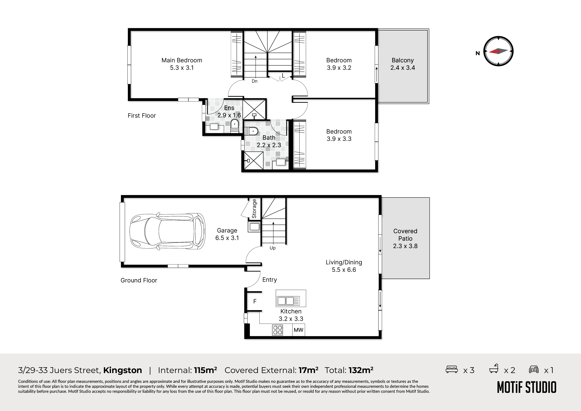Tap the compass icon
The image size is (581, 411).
pos(498,51)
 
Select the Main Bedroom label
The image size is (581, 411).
pos(182,60)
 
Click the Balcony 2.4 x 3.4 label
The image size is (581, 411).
pos(403,64)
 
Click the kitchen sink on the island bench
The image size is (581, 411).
pos(288,301)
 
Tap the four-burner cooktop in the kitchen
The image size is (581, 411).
pos(278,330)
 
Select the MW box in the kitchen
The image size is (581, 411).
pos(299,330)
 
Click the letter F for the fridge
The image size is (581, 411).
pos(255,301)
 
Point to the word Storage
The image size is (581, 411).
pos(254,209)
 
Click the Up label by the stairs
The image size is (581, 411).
pos(273,248)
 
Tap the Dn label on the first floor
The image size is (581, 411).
pos(255,81)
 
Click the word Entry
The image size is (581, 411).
pos(269,280)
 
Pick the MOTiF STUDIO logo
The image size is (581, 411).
pos(527,387)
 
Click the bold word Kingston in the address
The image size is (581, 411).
pos(122,370)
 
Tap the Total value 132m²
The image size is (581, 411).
pos(361,370)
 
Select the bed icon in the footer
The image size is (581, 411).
pos(452,369)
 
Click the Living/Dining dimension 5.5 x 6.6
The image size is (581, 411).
pos(344,270)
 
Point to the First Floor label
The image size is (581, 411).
pos(142,116)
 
